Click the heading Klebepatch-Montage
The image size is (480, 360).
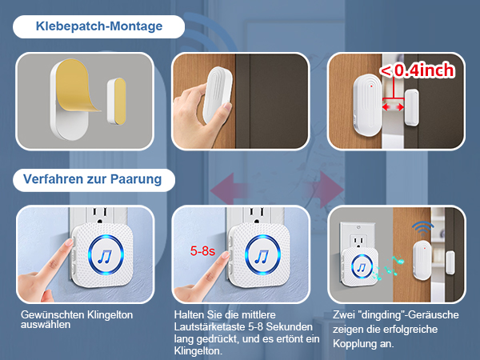click(x=99, y=26)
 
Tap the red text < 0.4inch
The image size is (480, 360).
click(x=417, y=70)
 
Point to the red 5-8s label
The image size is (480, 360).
click(x=202, y=250)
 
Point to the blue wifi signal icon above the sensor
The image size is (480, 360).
click(x=422, y=227)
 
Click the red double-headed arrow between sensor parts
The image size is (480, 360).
click(x=393, y=106)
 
